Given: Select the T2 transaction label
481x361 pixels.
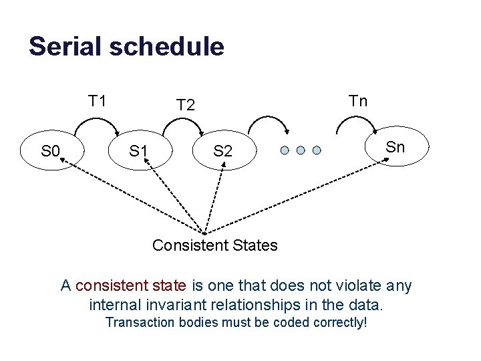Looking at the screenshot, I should click(x=185, y=105).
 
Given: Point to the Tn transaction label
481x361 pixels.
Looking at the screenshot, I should click(x=358, y=101).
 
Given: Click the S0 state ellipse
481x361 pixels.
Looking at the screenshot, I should click(x=51, y=151).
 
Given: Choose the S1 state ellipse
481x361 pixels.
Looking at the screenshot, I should click(x=139, y=151).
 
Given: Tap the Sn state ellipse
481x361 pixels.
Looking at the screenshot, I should click(x=395, y=147).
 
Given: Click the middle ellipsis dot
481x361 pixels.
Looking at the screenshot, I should click(x=301, y=150).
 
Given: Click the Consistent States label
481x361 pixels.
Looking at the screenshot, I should click(x=214, y=245).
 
